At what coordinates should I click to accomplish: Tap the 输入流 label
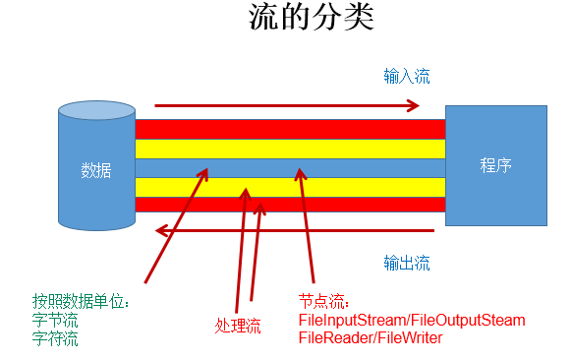(406, 76)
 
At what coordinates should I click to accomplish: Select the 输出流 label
(406, 263)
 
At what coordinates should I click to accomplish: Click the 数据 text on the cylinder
(95, 169)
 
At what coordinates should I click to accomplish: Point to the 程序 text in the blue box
(495, 164)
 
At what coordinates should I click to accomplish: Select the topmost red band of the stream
(289, 129)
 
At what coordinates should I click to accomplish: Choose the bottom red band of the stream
(289, 205)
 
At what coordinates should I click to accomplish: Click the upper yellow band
(289, 149)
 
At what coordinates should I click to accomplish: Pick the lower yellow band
(289, 187)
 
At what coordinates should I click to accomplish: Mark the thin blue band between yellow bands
(289, 168)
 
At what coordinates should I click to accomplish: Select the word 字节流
(55, 320)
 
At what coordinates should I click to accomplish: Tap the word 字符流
(55, 338)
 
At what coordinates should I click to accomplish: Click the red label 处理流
(238, 326)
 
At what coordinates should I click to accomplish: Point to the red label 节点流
(323, 302)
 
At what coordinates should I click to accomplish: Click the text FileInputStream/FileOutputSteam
(411, 321)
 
